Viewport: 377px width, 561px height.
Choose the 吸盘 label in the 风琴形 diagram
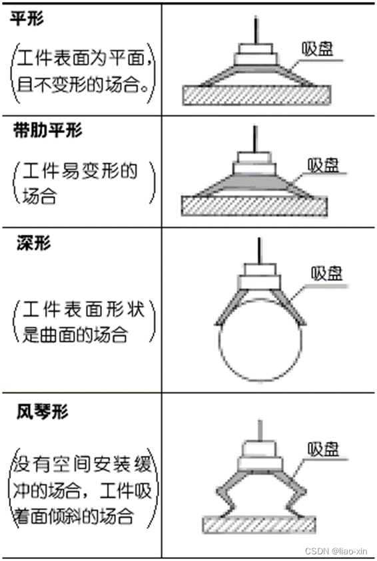pyautogui.click(x=323, y=450)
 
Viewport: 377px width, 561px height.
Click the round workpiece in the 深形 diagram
pyautogui.click(x=260, y=349)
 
